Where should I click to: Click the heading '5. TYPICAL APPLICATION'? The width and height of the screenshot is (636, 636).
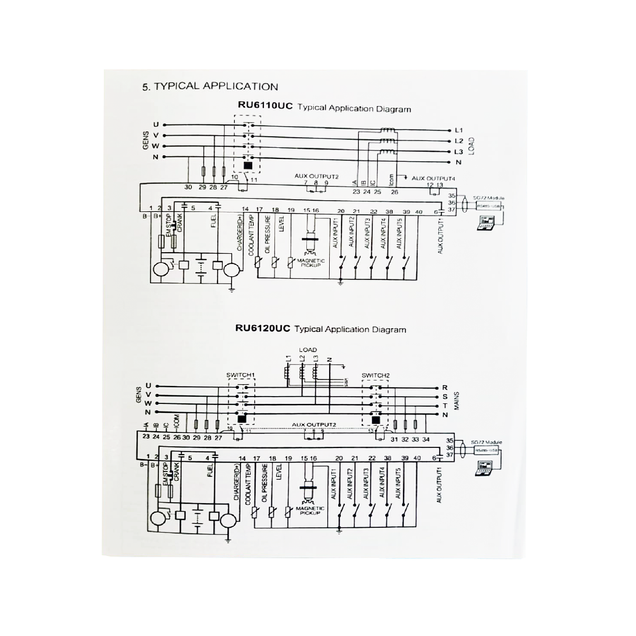coord(210,86)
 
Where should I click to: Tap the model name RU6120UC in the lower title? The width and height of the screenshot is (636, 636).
coord(262,329)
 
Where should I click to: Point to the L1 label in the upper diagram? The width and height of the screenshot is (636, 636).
coord(459,130)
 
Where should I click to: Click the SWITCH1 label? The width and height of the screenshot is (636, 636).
coord(240,375)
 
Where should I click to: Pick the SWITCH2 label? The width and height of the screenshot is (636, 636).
coord(375,375)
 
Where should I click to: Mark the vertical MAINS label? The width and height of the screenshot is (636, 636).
coord(456,401)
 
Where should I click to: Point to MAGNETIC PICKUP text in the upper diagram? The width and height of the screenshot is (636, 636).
coord(311,262)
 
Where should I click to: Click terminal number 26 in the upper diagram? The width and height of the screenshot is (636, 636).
coord(394,192)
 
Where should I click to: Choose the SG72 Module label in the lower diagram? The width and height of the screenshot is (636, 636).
coord(486,442)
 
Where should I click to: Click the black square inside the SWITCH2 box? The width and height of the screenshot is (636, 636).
coord(375,420)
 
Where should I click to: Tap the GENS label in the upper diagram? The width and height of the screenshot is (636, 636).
coord(146,141)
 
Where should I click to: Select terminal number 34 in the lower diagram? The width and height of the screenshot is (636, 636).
coord(426,440)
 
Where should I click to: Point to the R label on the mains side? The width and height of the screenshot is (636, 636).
coord(445,387)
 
